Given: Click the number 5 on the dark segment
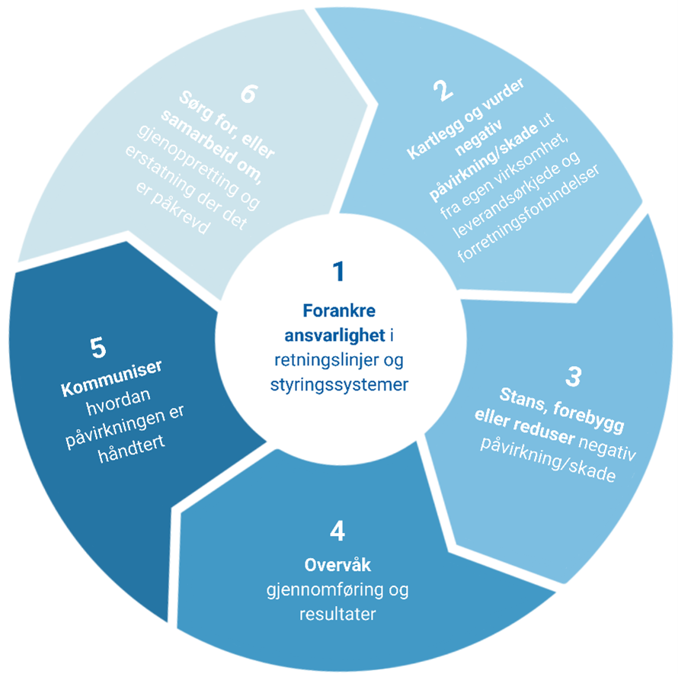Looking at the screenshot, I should [x=98, y=348].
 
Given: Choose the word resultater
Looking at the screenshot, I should [x=338, y=614].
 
